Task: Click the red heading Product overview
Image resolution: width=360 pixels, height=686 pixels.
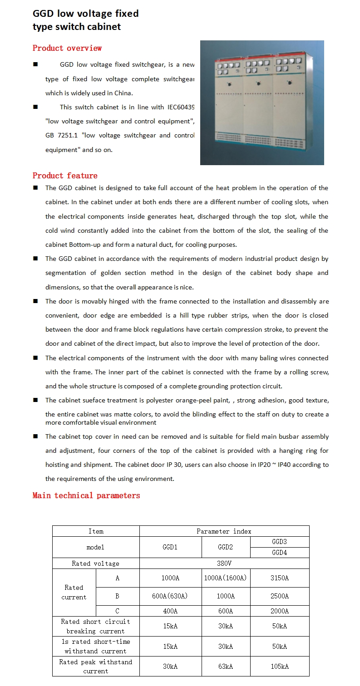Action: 67,48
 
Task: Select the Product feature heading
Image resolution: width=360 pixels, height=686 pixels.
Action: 65,176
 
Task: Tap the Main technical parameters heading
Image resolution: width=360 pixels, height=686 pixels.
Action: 86,495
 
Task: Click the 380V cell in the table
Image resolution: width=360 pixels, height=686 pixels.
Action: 224,563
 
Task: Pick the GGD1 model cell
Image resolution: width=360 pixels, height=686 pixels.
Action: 170,547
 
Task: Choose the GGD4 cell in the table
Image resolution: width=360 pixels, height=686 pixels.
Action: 279,553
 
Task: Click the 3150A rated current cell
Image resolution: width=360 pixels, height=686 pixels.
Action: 279,578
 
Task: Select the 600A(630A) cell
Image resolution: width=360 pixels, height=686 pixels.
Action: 170,596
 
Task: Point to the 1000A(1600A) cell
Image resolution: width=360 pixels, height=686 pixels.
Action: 225,578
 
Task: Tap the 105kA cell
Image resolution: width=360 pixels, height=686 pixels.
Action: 279,666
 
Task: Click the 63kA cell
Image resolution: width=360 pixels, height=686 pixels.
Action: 225,666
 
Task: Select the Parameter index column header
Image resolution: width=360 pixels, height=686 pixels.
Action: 224,531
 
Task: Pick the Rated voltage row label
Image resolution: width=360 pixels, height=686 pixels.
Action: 95,563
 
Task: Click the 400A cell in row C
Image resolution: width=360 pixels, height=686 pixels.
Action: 170,611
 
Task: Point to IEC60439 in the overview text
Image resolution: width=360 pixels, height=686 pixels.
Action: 181,108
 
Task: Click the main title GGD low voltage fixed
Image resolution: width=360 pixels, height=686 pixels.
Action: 85,14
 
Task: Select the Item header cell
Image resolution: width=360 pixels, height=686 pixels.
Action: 96,531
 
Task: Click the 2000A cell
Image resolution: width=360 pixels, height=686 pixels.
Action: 279,611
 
